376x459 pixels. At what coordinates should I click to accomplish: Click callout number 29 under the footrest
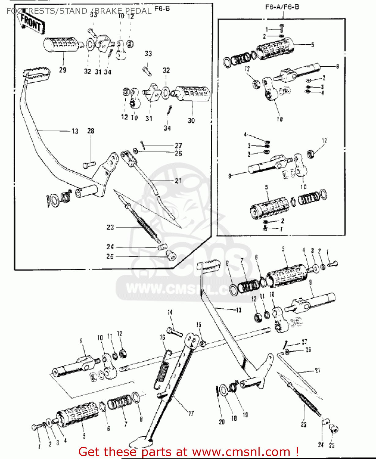(x=62, y=70)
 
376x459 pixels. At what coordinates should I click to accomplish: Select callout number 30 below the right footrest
(x=191, y=121)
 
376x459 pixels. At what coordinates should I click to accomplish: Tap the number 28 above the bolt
(x=91, y=131)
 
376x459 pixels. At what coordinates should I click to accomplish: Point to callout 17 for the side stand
(x=191, y=414)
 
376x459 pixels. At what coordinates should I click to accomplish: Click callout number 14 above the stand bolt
(x=170, y=312)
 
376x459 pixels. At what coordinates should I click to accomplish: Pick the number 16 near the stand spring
(x=162, y=337)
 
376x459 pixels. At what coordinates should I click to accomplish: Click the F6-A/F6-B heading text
(x=282, y=7)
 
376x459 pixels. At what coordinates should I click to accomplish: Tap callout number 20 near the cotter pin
(x=222, y=422)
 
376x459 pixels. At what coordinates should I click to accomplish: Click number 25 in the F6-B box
(x=110, y=256)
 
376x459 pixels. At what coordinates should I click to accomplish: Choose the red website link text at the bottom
(x=188, y=452)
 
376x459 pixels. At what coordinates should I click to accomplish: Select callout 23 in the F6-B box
(x=110, y=227)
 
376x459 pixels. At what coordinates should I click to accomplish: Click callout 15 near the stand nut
(x=199, y=325)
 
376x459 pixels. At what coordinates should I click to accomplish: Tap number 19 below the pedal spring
(x=245, y=415)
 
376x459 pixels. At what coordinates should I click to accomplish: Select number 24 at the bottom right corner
(x=321, y=445)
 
